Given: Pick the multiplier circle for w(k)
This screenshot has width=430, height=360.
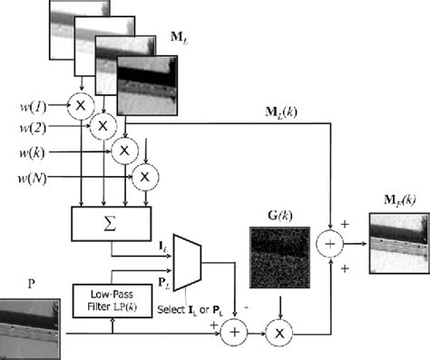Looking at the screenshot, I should pos(124,147).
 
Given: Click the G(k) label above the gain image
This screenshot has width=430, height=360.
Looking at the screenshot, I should pos(277,215).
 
